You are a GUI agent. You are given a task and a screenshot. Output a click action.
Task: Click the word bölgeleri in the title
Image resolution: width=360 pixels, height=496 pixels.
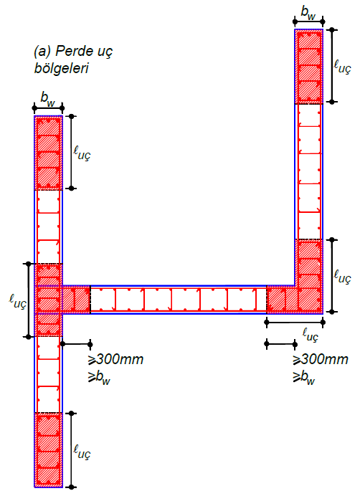(x=62, y=69)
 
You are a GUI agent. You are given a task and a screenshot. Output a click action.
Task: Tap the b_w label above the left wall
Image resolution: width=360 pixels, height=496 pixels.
(x=48, y=99)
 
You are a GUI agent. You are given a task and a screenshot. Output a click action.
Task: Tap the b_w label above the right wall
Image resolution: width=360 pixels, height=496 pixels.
(x=308, y=13)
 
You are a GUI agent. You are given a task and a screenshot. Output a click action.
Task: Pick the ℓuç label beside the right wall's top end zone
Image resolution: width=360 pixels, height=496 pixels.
(x=343, y=67)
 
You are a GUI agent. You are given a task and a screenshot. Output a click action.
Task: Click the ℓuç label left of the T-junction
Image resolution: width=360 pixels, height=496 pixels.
(x=17, y=302)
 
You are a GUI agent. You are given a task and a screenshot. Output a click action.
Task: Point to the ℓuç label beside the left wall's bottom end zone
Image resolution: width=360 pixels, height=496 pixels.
(x=82, y=452)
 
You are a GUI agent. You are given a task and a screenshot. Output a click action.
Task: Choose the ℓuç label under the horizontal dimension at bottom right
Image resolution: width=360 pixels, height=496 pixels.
(x=310, y=335)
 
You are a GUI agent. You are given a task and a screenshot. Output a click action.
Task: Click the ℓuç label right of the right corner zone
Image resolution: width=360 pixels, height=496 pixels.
(x=343, y=276)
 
